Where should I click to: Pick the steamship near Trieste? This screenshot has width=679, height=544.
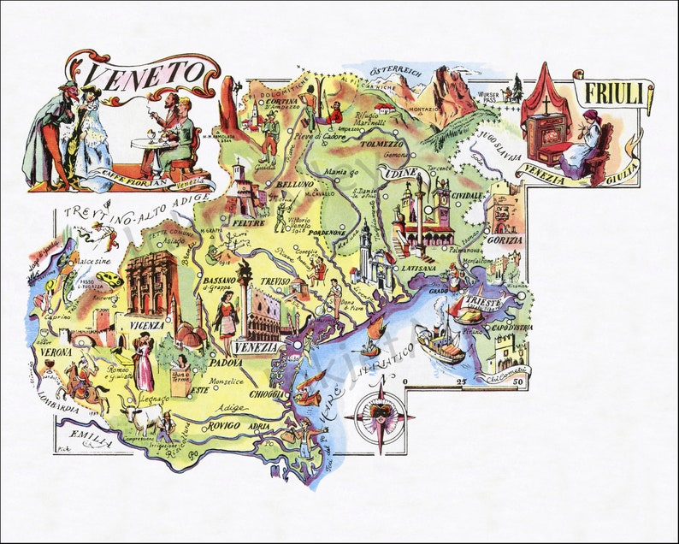pos(438,342)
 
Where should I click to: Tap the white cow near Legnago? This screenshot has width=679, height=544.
pos(141,418)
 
